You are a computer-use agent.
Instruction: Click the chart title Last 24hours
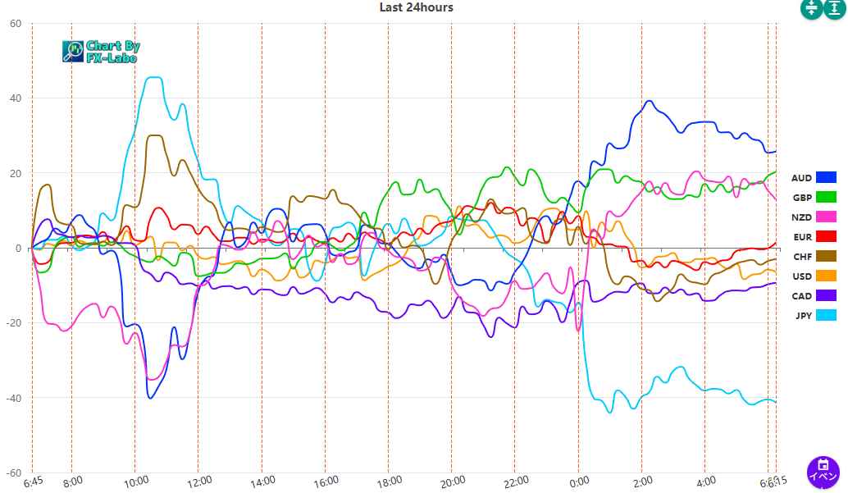(416, 7)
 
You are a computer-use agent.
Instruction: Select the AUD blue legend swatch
(826, 177)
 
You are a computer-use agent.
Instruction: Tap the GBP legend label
(802, 198)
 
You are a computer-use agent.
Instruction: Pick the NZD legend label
(802, 217)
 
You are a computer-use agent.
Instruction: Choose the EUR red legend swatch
(826, 237)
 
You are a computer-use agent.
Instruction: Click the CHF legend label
(802, 257)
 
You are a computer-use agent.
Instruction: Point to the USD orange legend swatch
(826, 276)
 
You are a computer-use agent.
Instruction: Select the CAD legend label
(802, 296)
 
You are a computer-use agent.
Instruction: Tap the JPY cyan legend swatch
(826, 315)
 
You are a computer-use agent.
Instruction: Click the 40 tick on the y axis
(16, 98)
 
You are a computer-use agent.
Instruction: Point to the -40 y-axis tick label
(13, 398)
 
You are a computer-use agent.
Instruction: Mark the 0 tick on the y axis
(19, 249)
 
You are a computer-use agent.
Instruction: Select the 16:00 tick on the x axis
(325, 481)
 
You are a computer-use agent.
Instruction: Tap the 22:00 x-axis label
(514, 481)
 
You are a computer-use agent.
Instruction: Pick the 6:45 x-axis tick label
(34, 482)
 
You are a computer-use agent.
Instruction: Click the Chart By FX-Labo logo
(100, 52)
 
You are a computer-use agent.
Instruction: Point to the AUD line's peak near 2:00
(650, 101)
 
